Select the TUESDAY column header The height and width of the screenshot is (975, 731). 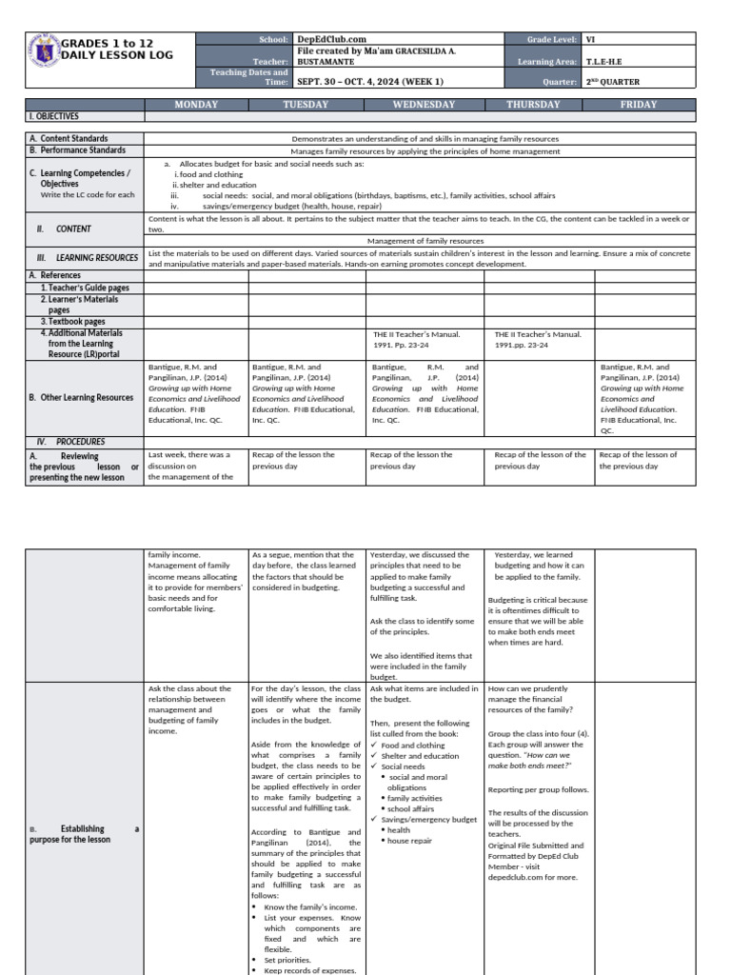(306, 105)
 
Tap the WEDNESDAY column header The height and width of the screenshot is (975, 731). (424, 105)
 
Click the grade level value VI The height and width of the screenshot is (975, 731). (590, 39)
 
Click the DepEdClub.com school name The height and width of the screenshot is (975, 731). (324, 39)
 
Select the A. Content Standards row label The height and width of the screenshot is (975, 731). (69, 138)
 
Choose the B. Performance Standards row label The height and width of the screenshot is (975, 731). (79, 150)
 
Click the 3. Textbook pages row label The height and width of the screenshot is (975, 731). (73, 322)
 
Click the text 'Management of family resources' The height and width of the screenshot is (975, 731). (425, 242)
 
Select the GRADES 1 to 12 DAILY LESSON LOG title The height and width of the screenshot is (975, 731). (118, 50)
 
